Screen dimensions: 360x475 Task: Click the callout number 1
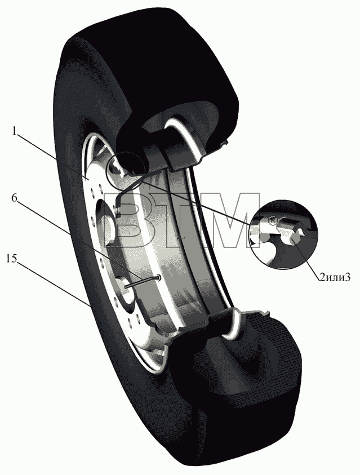14,131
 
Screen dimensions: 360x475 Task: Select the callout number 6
14,197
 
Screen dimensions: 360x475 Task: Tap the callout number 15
11,259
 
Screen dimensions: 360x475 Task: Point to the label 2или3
335,277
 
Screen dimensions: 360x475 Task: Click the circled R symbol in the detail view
272,220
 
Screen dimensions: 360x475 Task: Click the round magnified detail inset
284,234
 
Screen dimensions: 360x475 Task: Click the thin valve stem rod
143,282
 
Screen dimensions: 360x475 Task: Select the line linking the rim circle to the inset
196,203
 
